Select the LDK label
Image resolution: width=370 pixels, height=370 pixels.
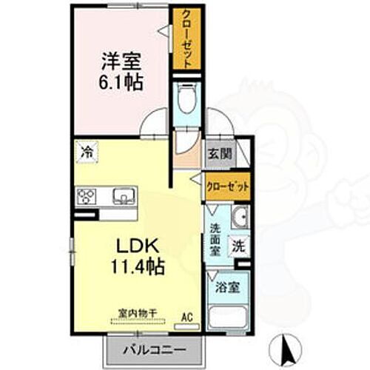(x=134, y=245)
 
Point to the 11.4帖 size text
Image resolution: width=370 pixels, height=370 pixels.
(x=134, y=265)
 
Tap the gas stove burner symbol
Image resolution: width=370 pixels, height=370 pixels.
(x=87, y=196)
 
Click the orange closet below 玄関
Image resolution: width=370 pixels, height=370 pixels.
(x=227, y=187)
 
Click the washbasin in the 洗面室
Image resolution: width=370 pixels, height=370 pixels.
(x=239, y=218)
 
